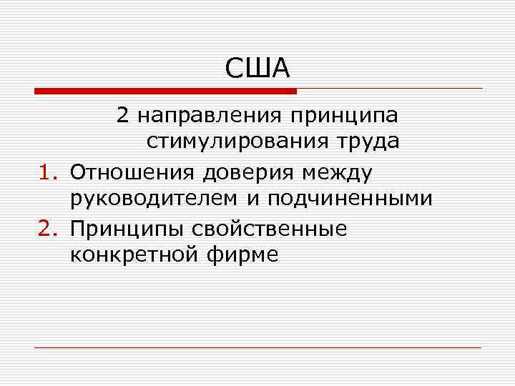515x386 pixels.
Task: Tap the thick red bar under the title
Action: (165, 91)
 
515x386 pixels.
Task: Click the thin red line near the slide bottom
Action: (257, 348)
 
